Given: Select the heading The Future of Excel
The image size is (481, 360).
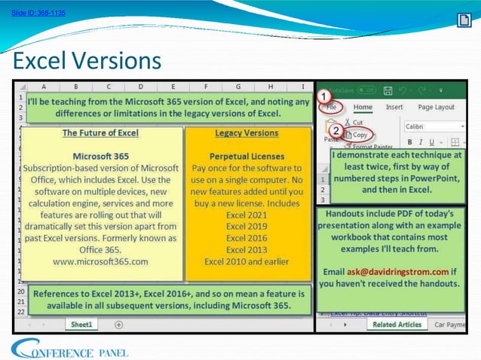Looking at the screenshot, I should point(100,133).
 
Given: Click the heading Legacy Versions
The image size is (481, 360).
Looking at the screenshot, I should point(247,133).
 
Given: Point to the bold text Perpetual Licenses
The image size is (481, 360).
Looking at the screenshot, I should point(247,156).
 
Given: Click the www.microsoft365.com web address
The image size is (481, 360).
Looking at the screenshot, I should point(100,261).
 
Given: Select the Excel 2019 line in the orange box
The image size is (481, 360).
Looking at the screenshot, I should point(247,225).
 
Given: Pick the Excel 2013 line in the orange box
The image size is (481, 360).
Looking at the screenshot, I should point(247,249).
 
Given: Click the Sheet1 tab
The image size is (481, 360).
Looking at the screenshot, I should point(81,324).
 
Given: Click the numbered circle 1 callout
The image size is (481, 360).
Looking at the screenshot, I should point(323,97).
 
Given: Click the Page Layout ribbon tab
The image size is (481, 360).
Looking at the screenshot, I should point(436,108).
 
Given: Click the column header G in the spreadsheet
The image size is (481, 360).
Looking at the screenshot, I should point(237,87).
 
